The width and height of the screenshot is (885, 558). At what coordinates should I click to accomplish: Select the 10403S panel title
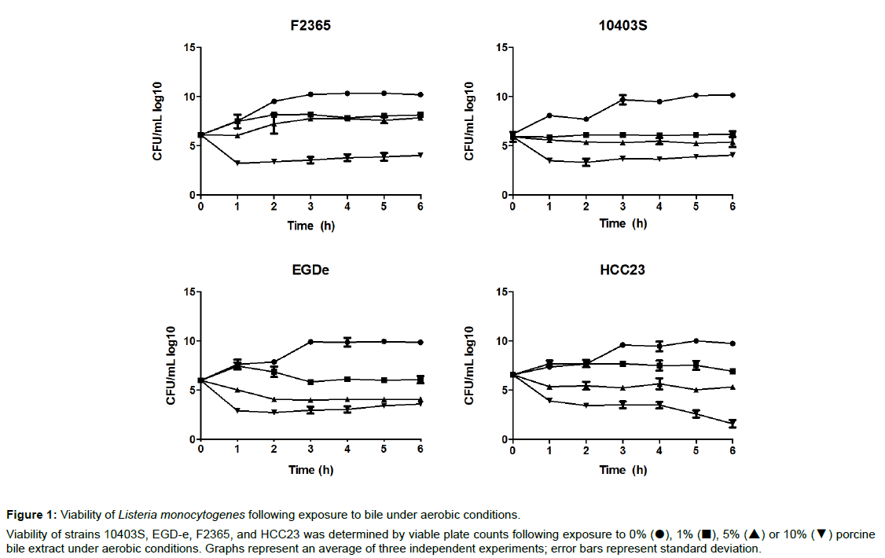(x=622, y=24)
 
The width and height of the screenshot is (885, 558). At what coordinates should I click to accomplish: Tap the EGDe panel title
(x=310, y=269)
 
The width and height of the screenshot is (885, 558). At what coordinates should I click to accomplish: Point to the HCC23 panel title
(x=622, y=269)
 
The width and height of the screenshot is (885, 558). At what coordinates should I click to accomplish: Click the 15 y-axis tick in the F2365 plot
(x=189, y=48)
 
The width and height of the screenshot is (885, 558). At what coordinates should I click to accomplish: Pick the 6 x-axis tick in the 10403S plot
(x=733, y=206)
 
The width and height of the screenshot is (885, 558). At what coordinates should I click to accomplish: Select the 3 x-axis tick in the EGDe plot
(x=310, y=450)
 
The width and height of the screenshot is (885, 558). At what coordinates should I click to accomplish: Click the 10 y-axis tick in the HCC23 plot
(x=501, y=341)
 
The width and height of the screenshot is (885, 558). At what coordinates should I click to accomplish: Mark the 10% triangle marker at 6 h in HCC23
(x=733, y=424)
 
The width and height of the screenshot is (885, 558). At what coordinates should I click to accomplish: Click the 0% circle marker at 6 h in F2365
(x=420, y=95)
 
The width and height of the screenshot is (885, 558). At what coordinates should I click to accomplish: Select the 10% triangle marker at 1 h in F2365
(x=237, y=163)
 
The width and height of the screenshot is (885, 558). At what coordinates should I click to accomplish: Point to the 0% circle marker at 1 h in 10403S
(x=549, y=116)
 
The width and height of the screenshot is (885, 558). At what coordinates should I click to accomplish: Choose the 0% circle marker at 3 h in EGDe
(x=310, y=342)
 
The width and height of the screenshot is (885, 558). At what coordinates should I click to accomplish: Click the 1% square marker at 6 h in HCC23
(x=733, y=371)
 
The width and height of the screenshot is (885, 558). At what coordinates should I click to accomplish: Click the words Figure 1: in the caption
(x=31, y=516)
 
